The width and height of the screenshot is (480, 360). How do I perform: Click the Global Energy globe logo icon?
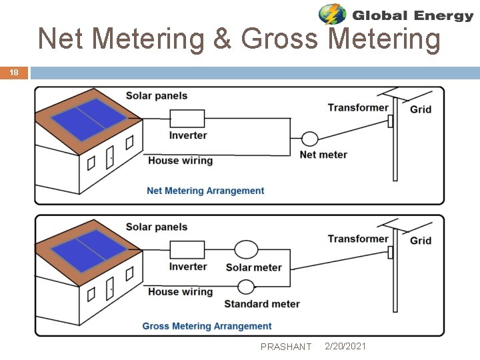pos(332,14)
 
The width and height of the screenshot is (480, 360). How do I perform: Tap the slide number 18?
pos(14,73)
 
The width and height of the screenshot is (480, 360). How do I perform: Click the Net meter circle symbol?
pos(309,139)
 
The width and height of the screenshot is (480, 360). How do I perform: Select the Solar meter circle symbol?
pos(245,250)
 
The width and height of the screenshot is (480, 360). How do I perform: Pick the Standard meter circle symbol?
pos(246,287)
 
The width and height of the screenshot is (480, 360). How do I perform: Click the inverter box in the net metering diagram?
pos(187,119)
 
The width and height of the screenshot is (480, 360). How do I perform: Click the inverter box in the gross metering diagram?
pos(187,250)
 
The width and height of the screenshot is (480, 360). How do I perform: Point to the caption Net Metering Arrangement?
pos(205,191)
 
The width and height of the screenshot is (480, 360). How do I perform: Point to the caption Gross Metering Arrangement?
pos(207,326)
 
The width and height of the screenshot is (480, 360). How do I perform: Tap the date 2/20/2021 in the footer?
pos(345,346)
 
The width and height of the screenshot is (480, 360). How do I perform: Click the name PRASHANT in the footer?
pos(286,347)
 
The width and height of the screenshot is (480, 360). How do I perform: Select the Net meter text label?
pos(323,155)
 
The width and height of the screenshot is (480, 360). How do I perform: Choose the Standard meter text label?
pos(261,304)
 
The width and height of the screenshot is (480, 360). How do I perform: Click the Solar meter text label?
pos(253,267)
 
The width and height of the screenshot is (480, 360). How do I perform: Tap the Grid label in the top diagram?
pos(420,109)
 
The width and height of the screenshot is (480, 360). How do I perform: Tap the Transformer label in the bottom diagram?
pos(357,239)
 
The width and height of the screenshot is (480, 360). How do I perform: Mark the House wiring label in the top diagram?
pos(180,160)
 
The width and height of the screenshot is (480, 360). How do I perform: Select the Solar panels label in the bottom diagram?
pos(157,227)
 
